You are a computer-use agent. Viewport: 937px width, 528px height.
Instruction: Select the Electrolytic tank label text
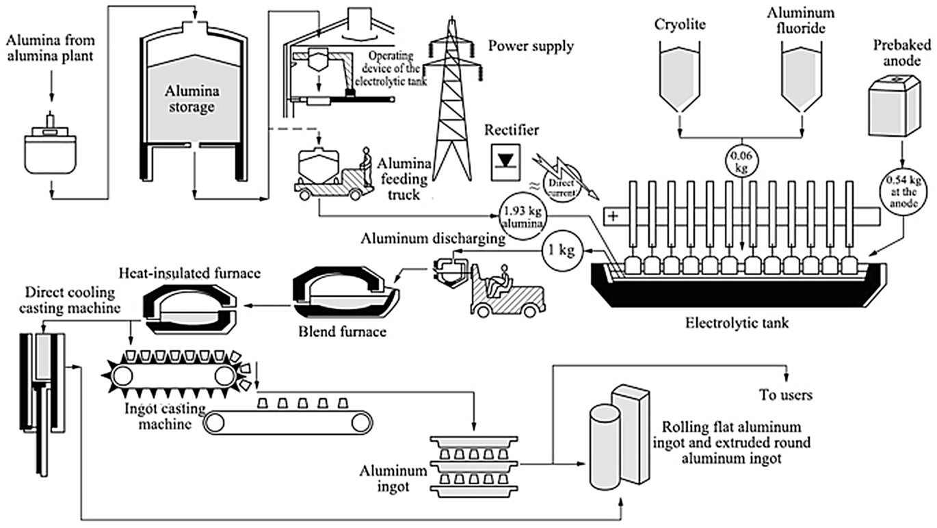(737, 321)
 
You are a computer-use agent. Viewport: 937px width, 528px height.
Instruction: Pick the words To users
(786, 395)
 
